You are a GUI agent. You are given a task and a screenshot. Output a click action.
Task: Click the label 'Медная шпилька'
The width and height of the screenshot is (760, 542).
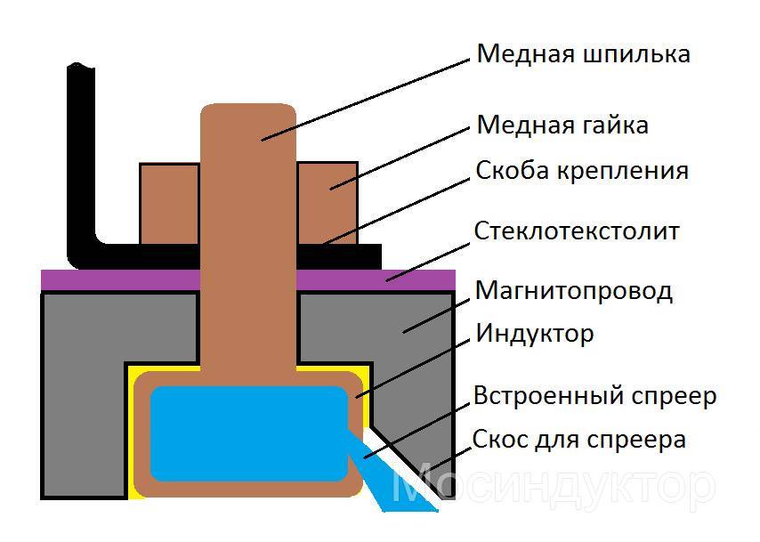coord(583,54)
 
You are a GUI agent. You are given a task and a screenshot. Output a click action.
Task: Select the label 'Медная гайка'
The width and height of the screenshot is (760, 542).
coord(562,125)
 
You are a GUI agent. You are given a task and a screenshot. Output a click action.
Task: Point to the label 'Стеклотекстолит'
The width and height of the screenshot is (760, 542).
coord(577,231)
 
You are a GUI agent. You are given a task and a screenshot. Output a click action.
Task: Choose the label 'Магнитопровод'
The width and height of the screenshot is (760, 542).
coord(573,290)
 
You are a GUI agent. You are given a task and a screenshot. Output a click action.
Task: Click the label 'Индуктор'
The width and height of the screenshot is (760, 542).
coord(534,335)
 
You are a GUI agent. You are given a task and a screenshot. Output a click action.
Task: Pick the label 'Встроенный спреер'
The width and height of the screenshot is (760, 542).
coord(594,395)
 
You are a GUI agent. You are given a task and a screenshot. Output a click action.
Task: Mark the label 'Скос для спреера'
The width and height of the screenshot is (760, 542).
coord(579,439)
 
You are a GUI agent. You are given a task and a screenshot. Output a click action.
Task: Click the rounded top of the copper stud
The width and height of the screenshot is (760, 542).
coord(248,116)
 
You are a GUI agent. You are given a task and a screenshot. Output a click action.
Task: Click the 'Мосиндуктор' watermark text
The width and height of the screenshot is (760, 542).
coord(552,486)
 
